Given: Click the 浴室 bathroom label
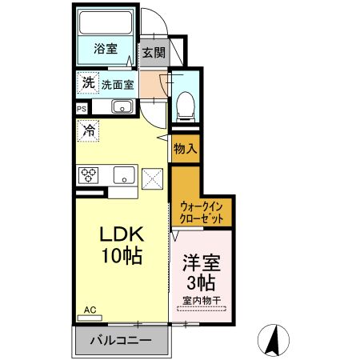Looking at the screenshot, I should point(106,49).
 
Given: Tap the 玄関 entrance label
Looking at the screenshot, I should point(154,53).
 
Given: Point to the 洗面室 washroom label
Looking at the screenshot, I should point(118,82).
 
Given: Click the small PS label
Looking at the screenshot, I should point(82,107).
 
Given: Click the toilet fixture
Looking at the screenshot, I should point(186,102).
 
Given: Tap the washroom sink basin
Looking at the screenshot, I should point(122,107).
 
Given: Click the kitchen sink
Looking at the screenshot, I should point(123,174).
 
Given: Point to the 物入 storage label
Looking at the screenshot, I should point(185,149).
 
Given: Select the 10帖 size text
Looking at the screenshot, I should point(121,258).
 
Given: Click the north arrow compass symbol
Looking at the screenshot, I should point(274,341).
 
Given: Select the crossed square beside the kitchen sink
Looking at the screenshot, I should point(152,178).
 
